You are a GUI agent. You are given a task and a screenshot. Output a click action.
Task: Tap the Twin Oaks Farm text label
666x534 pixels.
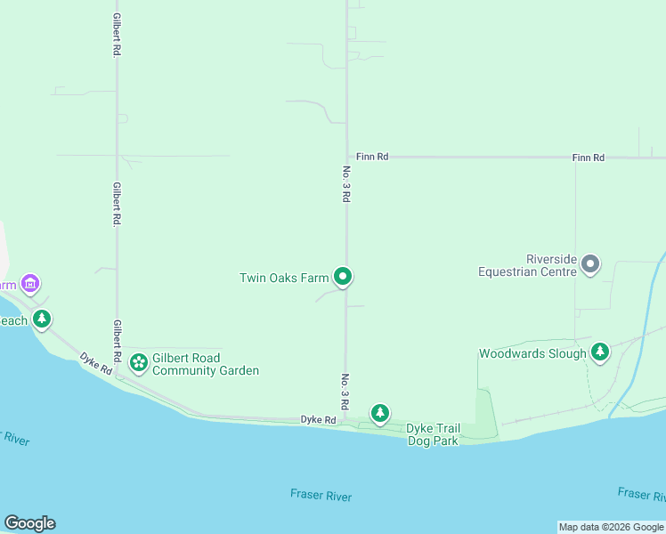click(285, 278)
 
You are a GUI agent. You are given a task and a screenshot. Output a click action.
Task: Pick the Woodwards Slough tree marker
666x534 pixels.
click(601, 352)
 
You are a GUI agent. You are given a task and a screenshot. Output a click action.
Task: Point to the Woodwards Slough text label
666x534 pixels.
click(532, 353)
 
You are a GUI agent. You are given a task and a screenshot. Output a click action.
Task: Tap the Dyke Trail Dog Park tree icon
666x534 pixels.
click(380, 413)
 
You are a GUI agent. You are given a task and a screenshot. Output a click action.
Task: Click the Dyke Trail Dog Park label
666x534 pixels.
click(433, 434)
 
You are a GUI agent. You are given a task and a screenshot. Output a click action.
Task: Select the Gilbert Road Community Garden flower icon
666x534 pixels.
click(138, 361)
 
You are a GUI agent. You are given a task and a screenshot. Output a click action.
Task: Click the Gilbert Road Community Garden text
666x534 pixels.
click(205, 364)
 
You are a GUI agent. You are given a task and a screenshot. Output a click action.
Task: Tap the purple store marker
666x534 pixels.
click(31, 284)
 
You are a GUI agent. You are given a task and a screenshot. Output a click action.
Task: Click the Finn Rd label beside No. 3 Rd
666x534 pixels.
click(372, 157)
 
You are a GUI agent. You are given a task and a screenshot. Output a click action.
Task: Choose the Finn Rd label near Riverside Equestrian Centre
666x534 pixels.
click(589, 158)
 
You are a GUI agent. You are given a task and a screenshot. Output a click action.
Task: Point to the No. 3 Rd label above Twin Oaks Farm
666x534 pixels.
click(345, 183)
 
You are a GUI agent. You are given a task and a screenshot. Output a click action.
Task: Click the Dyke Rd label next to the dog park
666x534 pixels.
click(318, 419)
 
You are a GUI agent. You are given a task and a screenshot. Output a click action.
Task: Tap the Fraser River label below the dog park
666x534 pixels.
click(321, 496)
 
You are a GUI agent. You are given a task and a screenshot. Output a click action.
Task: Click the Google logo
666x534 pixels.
click(29, 523)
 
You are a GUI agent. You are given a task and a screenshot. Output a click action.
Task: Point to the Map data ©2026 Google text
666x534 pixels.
click(611, 527)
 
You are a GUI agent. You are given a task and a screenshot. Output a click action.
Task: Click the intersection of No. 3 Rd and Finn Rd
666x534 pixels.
click(346, 158)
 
